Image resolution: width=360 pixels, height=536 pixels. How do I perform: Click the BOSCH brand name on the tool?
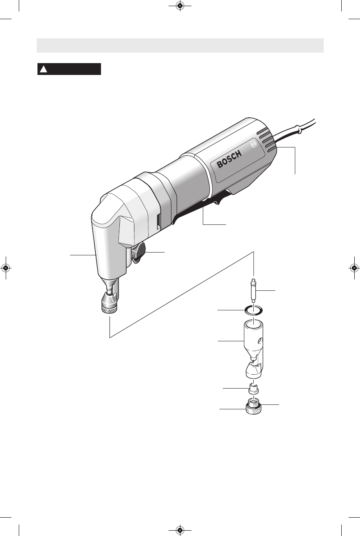tap(229, 159)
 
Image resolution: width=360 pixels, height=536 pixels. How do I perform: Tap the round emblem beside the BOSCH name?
tap(253, 145)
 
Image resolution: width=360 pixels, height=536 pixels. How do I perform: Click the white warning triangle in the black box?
tap(43, 69)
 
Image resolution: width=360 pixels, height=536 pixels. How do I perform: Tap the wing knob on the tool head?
tap(139, 253)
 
